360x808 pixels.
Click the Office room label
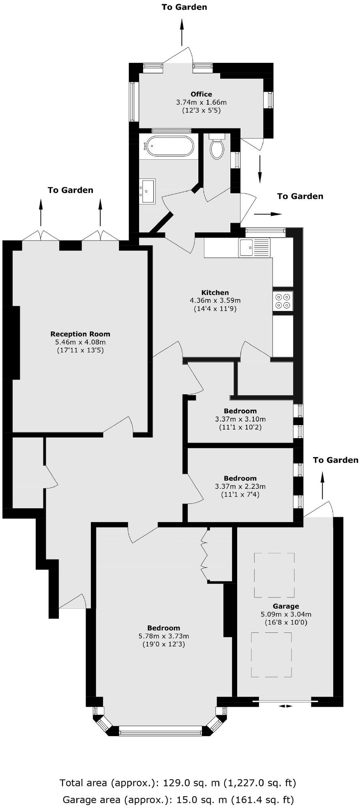pyautogui.click(x=201, y=94)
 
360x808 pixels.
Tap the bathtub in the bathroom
pyautogui.click(x=170, y=146)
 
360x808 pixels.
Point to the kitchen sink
pyautogui.click(x=255, y=247)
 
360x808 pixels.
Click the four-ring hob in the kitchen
pyautogui.click(x=283, y=301)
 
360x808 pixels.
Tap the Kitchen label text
pyautogui.click(x=215, y=292)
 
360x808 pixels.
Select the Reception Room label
pyautogui.click(x=80, y=334)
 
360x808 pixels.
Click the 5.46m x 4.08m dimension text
pyautogui.click(x=80, y=342)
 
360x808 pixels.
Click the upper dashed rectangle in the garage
pyautogui.click(x=274, y=575)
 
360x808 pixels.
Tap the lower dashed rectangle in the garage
pyautogui.click(x=271, y=655)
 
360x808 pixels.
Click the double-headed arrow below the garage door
pyautogui.click(x=286, y=706)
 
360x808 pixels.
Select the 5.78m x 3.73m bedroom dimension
pyautogui.click(x=164, y=636)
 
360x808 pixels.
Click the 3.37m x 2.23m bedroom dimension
pyautogui.click(x=240, y=486)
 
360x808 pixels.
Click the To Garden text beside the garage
pyautogui.click(x=336, y=460)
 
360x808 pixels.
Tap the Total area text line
pyautogui.click(x=178, y=782)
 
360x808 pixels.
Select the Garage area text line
pyautogui.click(x=178, y=800)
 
